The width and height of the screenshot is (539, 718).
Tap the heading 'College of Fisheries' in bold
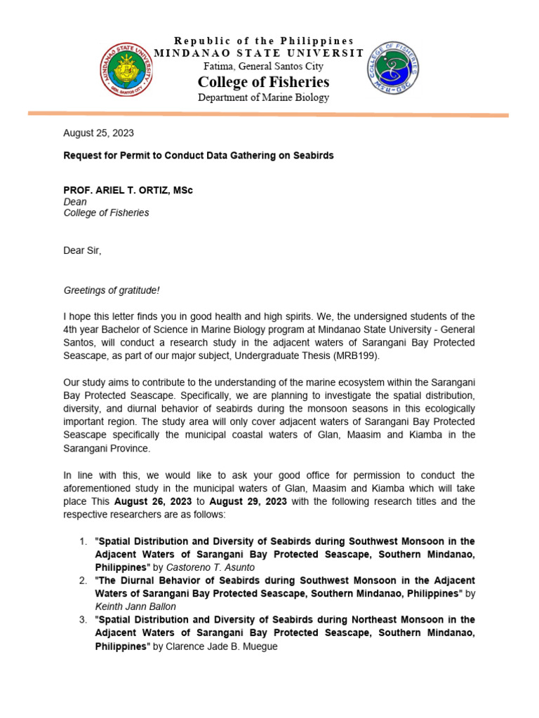coord(263,82)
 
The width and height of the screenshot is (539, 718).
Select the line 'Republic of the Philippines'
coord(264,41)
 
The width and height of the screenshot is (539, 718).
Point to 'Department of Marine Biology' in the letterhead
coord(263,97)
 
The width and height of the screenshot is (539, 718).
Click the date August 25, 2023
coord(98,133)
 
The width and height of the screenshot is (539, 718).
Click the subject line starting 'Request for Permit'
coord(199,155)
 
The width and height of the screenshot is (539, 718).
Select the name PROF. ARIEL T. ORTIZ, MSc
coord(128,190)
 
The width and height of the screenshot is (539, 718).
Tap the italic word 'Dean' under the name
coord(75,201)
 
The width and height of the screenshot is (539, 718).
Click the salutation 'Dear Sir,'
coord(82,250)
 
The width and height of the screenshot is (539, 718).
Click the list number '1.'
coord(83,541)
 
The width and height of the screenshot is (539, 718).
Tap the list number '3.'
coord(83,620)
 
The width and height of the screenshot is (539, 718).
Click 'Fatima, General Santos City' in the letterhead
coord(263,66)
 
